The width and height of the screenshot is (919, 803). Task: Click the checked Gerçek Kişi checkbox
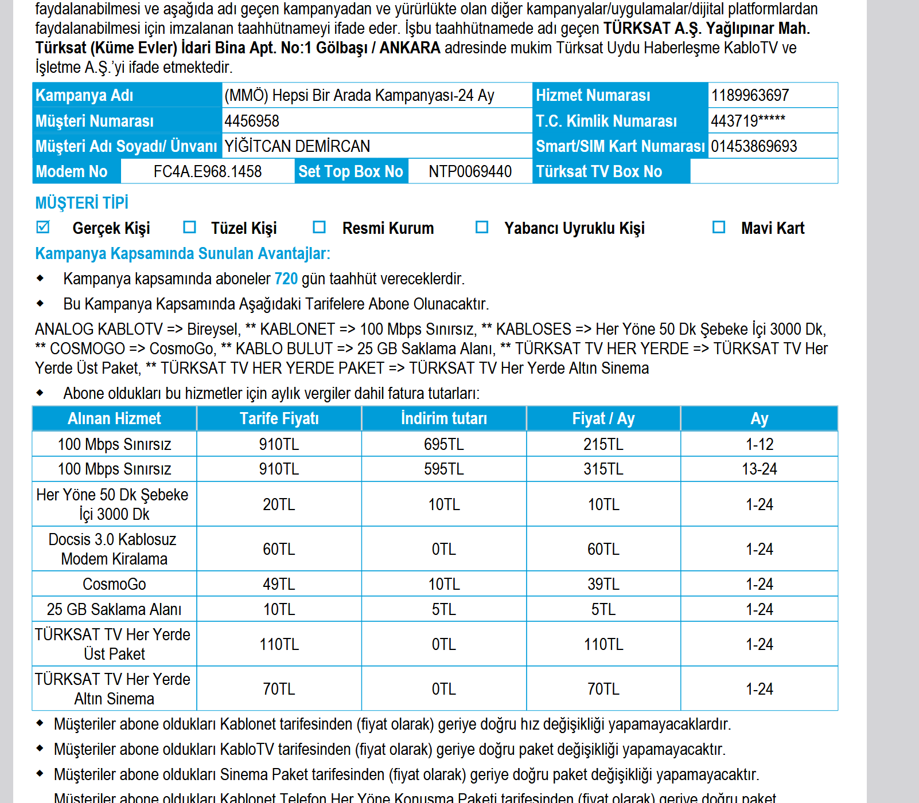pyautogui.click(x=43, y=227)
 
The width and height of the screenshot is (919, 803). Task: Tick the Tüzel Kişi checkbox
pyautogui.click(x=189, y=227)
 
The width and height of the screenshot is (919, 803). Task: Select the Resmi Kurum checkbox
pyautogui.click(x=320, y=227)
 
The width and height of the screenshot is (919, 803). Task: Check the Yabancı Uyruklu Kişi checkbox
pyautogui.click(x=482, y=227)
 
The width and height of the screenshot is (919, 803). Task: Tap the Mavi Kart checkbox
pyautogui.click(x=719, y=227)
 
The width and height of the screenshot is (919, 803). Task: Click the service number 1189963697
pyautogui.click(x=750, y=95)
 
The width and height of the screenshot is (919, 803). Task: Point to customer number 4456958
pyautogui.click(x=252, y=121)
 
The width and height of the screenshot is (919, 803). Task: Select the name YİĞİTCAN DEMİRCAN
pyautogui.click(x=297, y=146)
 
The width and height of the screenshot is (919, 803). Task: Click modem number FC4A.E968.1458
pyautogui.click(x=208, y=171)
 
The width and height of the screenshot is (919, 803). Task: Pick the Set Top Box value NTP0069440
pyautogui.click(x=470, y=171)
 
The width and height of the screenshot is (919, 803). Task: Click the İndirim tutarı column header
pyautogui.click(x=444, y=418)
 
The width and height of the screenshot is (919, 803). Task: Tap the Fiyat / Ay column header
pyautogui.click(x=603, y=418)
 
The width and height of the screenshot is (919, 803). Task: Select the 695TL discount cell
pyautogui.click(x=443, y=444)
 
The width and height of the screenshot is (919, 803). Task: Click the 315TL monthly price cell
pyautogui.click(x=603, y=469)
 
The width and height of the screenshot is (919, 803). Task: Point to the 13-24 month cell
pyautogui.click(x=760, y=469)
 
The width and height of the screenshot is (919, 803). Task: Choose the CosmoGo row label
pyautogui.click(x=114, y=584)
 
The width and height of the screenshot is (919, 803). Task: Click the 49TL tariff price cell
pyautogui.click(x=279, y=584)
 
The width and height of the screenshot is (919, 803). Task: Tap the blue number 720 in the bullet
pyautogui.click(x=286, y=279)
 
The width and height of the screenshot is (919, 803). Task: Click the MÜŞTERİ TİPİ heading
pyautogui.click(x=81, y=203)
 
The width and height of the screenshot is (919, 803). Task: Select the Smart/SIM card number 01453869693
pyautogui.click(x=754, y=146)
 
